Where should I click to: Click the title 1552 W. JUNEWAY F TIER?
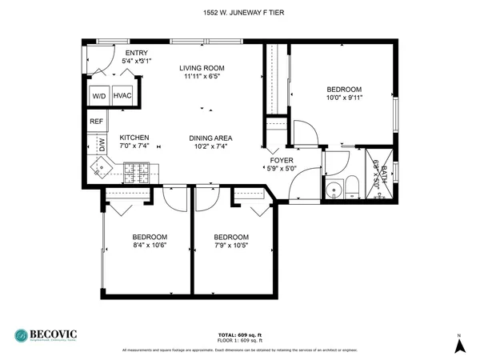[x=240, y=11]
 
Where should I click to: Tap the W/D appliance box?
[x=99, y=95]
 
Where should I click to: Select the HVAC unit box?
[x=123, y=95]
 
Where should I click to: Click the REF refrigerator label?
[x=96, y=122]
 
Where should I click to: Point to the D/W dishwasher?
[x=102, y=146]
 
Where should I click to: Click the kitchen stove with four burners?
[x=138, y=170]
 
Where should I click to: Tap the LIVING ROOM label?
[x=201, y=68]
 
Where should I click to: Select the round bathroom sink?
[x=333, y=190]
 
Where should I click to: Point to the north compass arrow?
[x=459, y=346]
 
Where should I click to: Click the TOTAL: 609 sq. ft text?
[x=239, y=334]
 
